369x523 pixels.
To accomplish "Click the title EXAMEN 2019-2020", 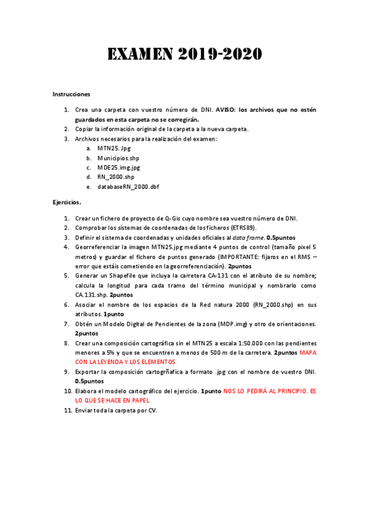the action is pos(185,55).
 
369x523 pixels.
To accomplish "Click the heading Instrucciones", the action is pos(71,94).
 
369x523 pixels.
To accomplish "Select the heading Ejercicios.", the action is pos(67,202).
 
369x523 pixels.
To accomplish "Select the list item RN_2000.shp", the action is pos(116,176).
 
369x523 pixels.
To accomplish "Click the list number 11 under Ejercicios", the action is pos(67,410).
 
